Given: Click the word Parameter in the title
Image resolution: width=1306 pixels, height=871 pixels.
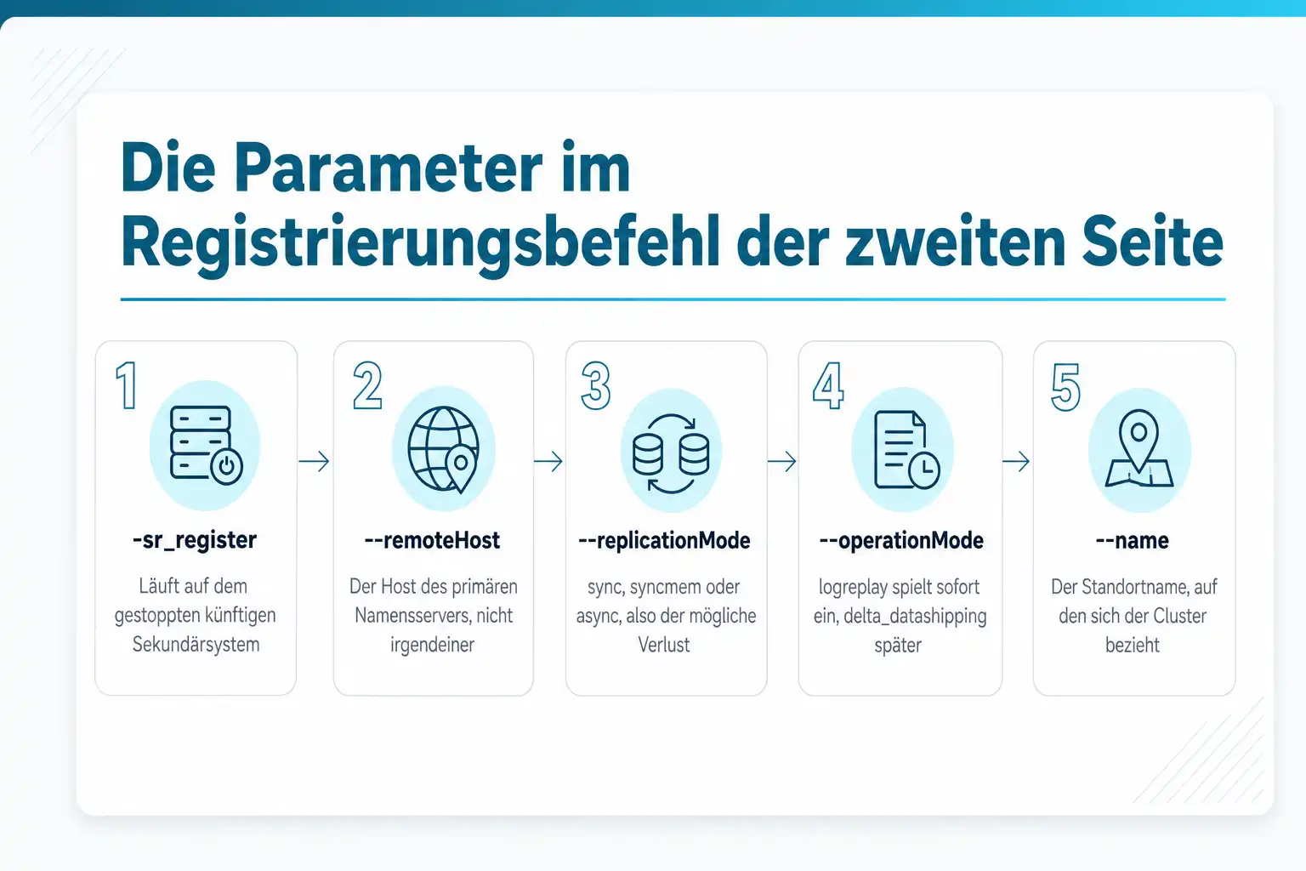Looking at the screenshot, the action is tap(389, 168).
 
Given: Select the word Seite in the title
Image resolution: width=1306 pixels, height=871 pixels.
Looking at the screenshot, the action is tap(1152, 242).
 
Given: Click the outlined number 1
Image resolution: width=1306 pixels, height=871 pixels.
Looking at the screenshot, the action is tap(127, 385).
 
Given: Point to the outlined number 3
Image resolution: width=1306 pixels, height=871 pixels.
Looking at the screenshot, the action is tap(595, 385).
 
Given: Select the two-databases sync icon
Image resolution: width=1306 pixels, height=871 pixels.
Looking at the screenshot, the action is tap(671, 453).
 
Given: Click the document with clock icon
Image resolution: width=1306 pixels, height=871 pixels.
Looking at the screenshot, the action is tap(906, 449).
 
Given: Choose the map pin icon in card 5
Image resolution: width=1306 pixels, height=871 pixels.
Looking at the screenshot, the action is tap(1139, 448).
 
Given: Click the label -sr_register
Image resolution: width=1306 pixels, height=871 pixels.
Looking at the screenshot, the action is tap(195, 540).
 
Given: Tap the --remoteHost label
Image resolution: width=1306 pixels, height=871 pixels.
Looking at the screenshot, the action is tap(432, 540).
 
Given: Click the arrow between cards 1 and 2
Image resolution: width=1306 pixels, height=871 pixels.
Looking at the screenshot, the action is tap(315, 462).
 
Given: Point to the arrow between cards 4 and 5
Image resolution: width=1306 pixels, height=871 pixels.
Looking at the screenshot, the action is tap(1016, 462).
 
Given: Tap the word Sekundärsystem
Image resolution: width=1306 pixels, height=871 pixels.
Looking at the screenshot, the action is tap(196, 645).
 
